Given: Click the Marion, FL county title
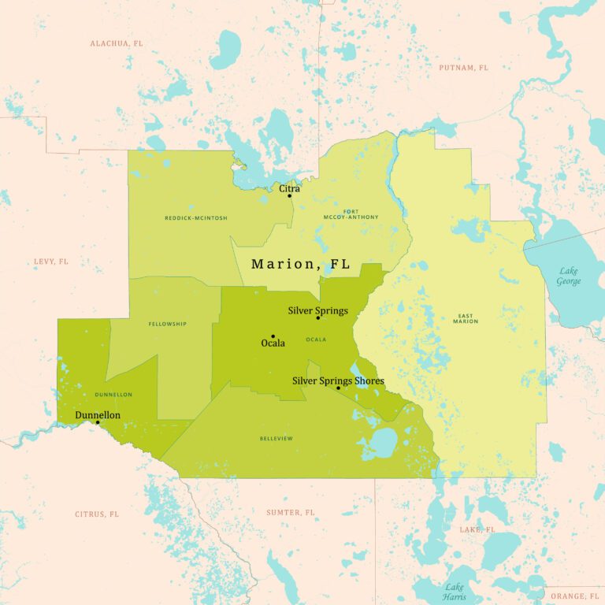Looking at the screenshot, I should (x=300, y=265).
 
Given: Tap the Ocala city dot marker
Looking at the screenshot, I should (x=273, y=336).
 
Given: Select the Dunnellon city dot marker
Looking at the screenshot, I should (x=98, y=422).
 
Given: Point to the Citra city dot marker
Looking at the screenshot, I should (x=289, y=196).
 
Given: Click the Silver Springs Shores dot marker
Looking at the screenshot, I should (x=338, y=388).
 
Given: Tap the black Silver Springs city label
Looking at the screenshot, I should (x=317, y=310).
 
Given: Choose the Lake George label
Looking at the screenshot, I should (x=568, y=276).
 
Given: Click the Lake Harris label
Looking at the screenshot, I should (x=454, y=591).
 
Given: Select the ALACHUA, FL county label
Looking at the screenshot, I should (x=117, y=43).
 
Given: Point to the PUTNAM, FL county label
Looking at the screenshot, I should (x=463, y=68).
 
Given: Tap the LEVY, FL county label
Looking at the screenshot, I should (x=50, y=262).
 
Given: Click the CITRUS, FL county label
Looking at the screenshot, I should (x=97, y=514).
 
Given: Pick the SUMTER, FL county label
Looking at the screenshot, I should (x=290, y=513).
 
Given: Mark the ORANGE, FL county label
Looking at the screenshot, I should (x=574, y=596).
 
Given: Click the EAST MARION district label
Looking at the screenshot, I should (x=465, y=317).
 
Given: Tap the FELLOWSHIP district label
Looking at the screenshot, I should (x=167, y=324).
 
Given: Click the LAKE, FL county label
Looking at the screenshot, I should (x=477, y=529).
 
